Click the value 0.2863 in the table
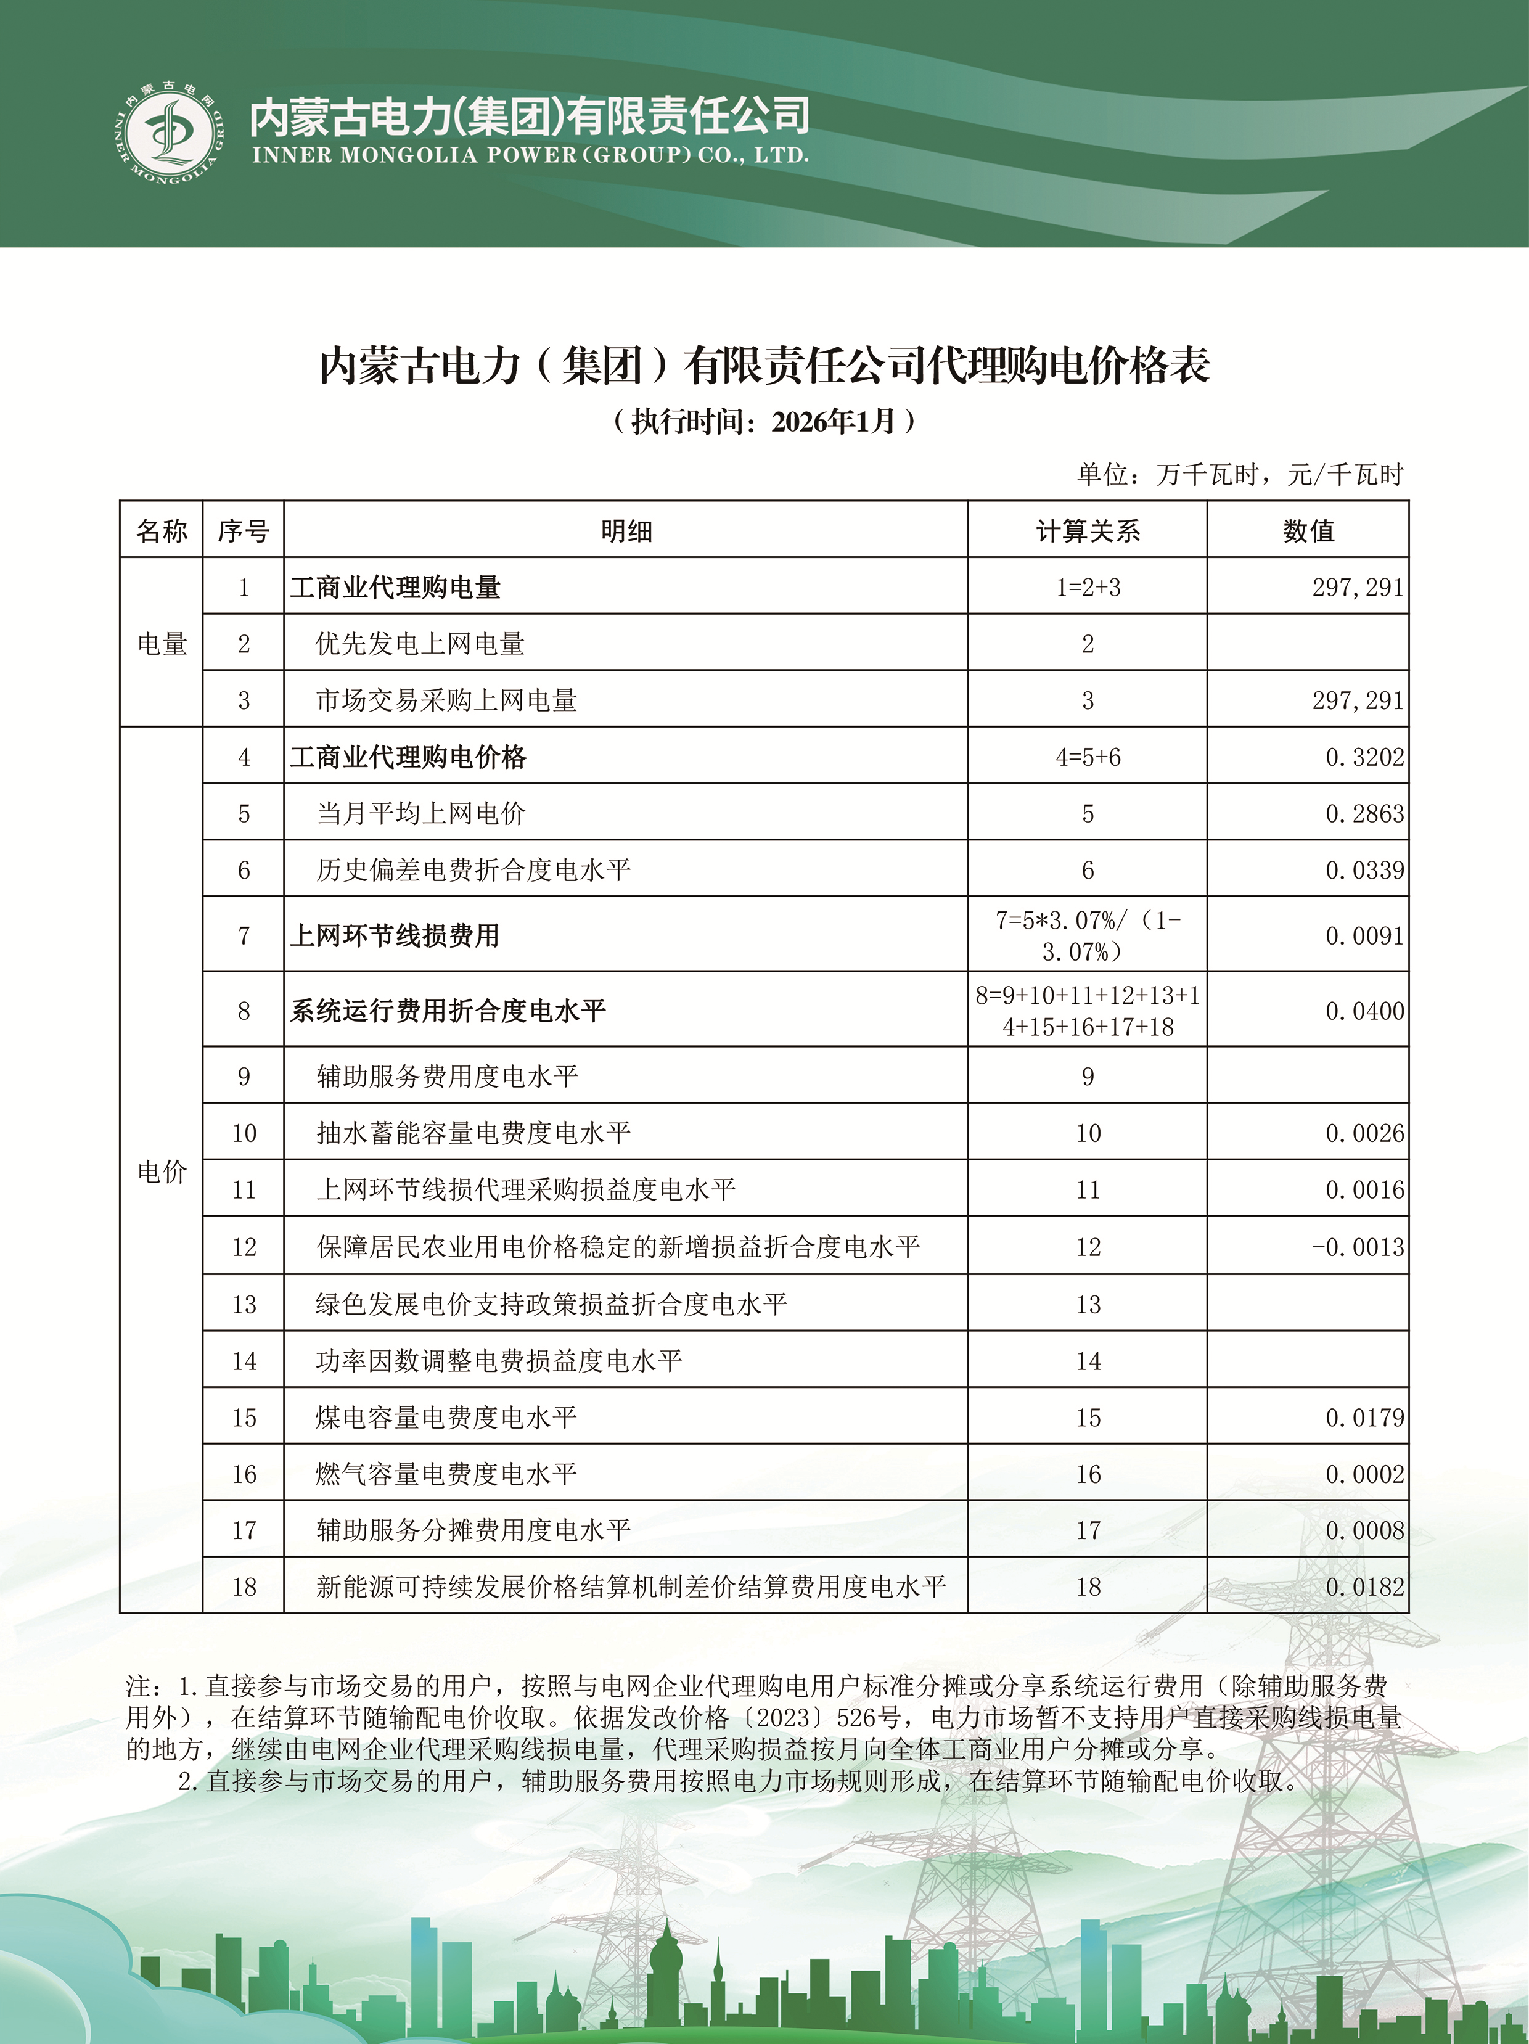[1364, 813]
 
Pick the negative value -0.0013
[1357, 1247]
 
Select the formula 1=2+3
[1088, 587]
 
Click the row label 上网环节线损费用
[395, 935]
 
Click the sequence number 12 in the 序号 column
[244, 1247]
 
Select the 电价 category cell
[162, 1171]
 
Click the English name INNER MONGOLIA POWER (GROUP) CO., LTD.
[530, 155]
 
